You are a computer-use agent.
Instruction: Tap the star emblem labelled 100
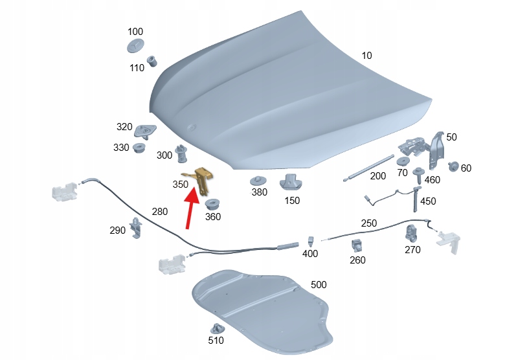[135, 45]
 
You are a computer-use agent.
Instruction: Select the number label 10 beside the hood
[366, 55]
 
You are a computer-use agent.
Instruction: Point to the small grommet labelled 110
[152, 61]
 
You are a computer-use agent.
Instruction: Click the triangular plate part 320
[145, 131]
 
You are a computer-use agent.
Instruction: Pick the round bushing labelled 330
[139, 148]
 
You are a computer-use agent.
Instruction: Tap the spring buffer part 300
[181, 153]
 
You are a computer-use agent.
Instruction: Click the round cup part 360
[212, 205]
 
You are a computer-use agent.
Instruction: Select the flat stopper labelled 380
[258, 181]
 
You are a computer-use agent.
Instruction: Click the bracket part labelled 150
[291, 182]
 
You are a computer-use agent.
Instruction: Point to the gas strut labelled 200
[368, 168]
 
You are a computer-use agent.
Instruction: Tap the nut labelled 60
[453, 166]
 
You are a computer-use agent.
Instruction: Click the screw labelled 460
[419, 175]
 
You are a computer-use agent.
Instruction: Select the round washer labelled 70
[403, 161]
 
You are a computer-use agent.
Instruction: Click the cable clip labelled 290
[137, 228]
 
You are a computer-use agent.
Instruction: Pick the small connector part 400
[311, 242]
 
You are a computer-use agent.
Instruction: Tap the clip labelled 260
[357, 245]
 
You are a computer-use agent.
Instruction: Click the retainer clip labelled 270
[411, 234]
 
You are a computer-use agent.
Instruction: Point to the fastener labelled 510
[217, 329]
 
